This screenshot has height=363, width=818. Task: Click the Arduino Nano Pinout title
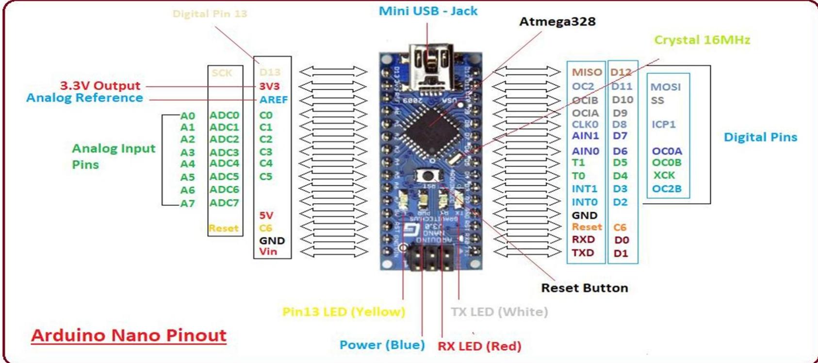129,335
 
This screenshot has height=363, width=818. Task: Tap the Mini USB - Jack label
428,11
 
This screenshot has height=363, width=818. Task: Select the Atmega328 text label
557,22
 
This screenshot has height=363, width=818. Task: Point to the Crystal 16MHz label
702,40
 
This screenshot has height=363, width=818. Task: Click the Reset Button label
584,288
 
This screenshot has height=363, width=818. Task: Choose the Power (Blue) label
382,345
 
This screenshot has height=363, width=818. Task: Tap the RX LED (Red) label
479,346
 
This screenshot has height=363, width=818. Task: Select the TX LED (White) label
499,312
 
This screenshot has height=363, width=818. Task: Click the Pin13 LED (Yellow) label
344,312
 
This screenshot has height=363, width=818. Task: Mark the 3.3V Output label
100,85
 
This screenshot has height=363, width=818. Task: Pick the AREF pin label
273,99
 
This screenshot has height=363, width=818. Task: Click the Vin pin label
268,251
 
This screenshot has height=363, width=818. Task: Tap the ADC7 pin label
224,203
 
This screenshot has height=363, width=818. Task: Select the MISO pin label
587,72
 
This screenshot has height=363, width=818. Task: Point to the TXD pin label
583,253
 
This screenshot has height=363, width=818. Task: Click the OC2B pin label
667,189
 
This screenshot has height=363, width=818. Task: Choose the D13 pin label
270,72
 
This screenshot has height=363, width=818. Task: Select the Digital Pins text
760,137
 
